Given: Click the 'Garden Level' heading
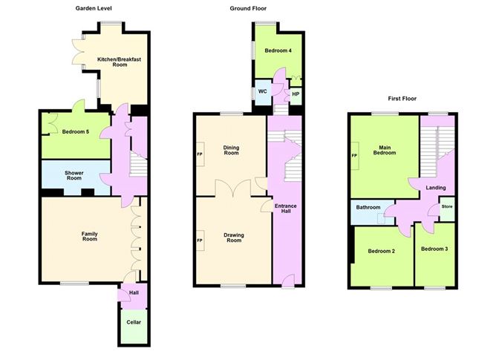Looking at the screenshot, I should tap(94, 9).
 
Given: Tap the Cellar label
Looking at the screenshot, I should tap(134, 322).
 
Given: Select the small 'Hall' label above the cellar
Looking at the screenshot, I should tap(134, 292).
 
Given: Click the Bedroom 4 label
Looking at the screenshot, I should tap(278, 50).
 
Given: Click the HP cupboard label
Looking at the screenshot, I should tap(295, 94).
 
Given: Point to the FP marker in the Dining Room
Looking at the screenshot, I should tap(199, 154).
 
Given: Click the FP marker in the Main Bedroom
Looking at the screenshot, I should tap(353, 157).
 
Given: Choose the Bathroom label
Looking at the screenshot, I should tap(368, 208).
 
